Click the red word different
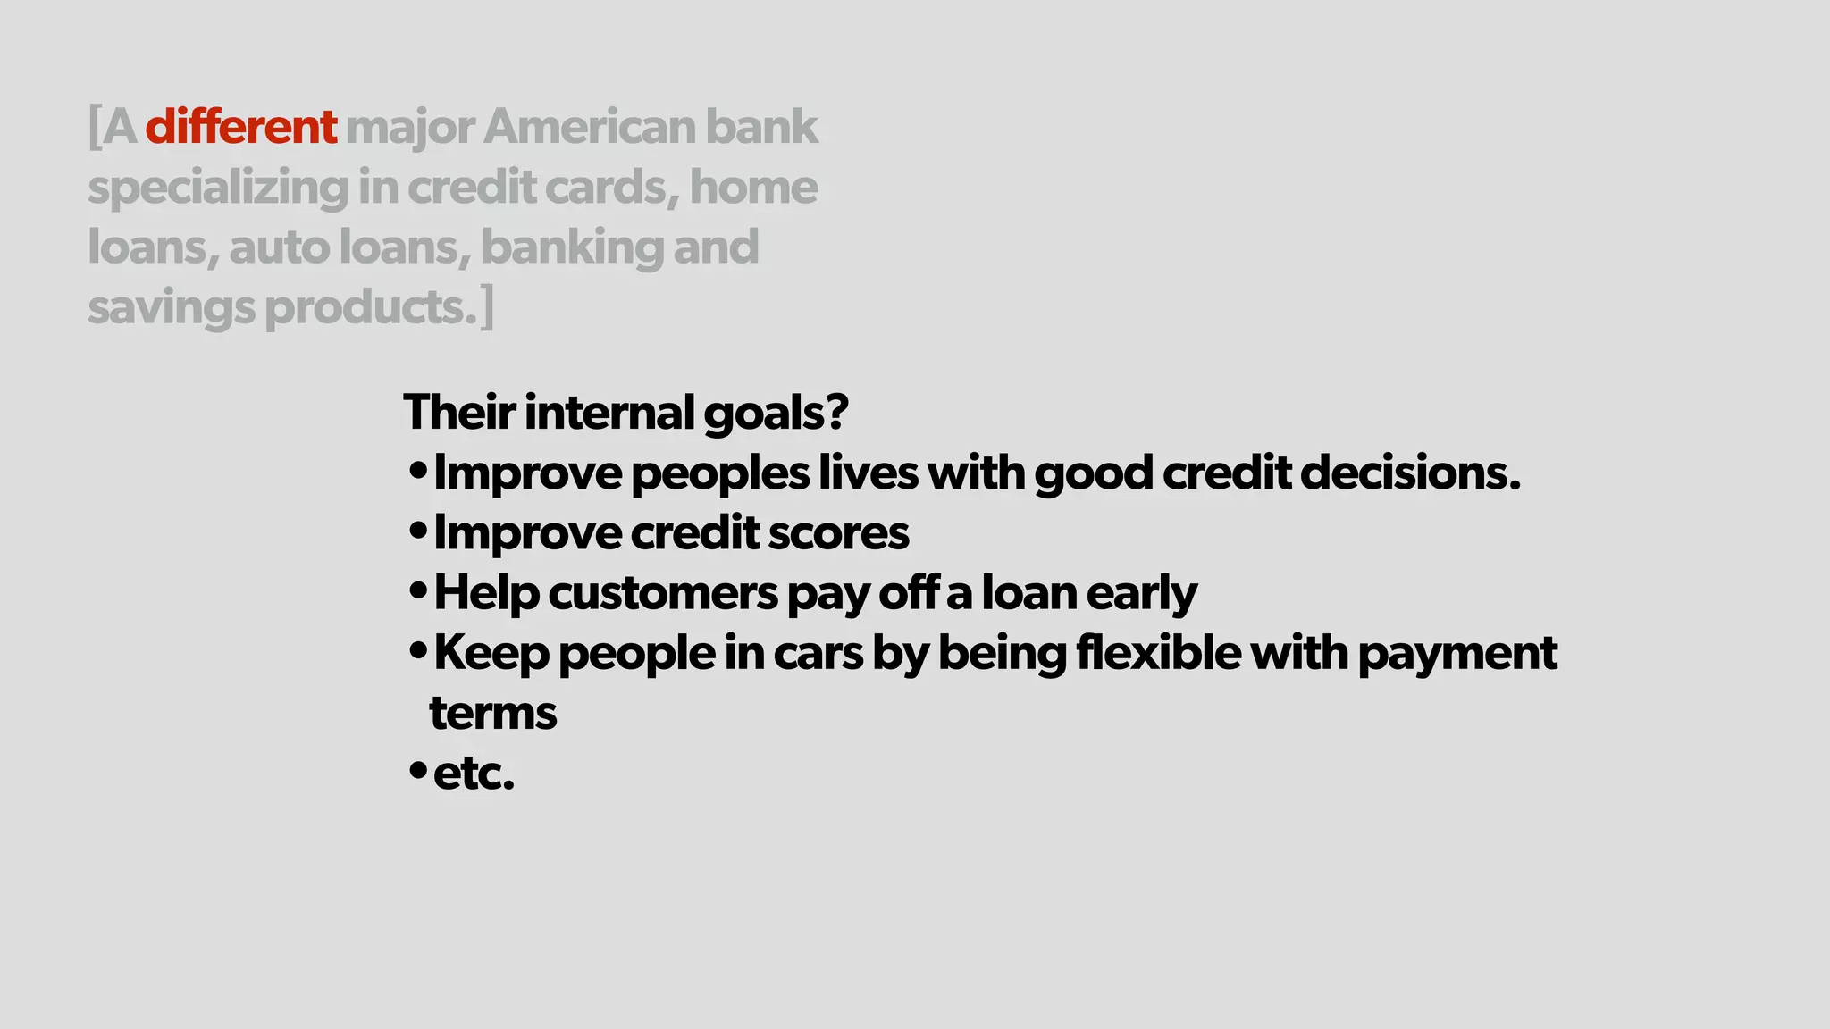[x=241, y=127]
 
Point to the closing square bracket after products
[x=487, y=308]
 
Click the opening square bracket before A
[x=94, y=127]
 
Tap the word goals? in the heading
[x=776, y=414]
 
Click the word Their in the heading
[x=459, y=412]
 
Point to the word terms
[x=493, y=714]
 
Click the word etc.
[x=474, y=774]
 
